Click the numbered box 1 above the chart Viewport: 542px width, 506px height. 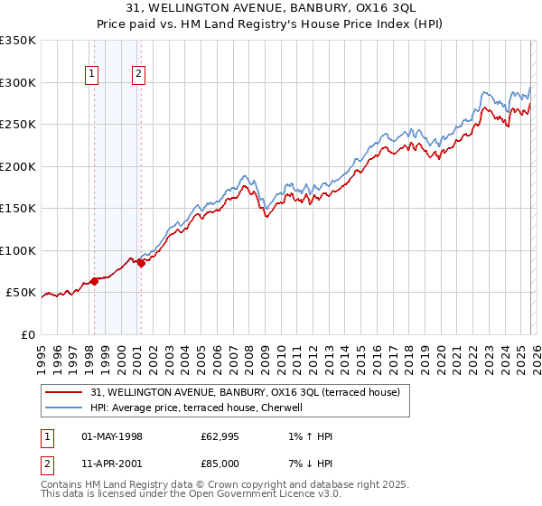[93, 75]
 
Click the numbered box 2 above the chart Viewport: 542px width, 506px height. [139, 75]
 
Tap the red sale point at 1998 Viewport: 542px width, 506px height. [94, 281]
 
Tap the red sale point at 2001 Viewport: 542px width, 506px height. [141, 264]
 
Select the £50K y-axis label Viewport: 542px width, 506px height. [21, 293]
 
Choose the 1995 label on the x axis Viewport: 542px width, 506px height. [42, 356]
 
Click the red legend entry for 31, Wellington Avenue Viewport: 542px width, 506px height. [250, 392]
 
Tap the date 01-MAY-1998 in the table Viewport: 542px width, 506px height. [112, 436]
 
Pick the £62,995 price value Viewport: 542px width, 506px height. [220, 436]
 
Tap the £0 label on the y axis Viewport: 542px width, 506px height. [26, 335]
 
